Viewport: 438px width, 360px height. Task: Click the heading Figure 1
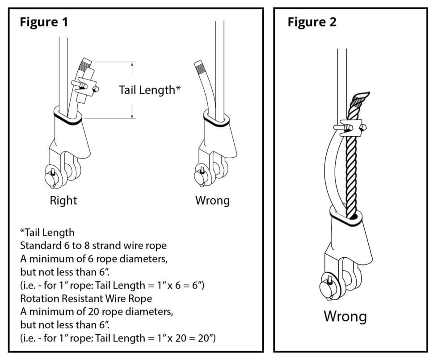pos(44,22)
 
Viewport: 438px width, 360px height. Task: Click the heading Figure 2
pos(312,22)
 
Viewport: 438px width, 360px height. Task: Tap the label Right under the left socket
pos(63,200)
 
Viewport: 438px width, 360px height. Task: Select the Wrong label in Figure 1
pos(212,200)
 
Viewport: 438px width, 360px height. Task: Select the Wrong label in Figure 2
pos(345,316)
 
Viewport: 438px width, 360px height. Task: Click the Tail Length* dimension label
pos(149,90)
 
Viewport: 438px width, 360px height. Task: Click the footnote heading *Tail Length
pos(47,233)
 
